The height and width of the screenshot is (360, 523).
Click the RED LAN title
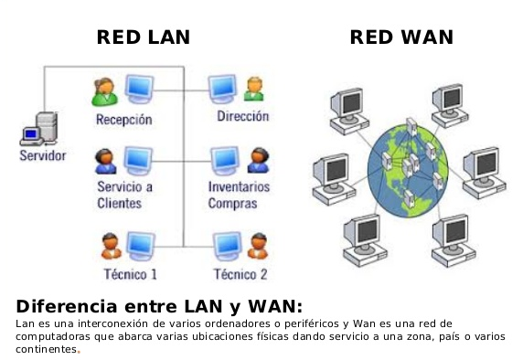[x=144, y=37]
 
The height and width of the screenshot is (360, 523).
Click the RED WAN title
[x=401, y=37]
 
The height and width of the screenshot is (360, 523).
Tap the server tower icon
[x=39, y=128]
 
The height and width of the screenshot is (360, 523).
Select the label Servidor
[x=42, y=155]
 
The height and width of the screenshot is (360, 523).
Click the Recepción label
[x=123, y=120]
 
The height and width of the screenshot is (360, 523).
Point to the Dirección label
[x=242, y=117]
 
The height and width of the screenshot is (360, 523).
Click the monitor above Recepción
[x=139, y=90]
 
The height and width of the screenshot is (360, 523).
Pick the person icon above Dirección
[x=255, y=89]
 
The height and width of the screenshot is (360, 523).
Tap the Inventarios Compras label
[x=240, y=195]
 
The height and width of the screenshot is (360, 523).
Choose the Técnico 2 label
[x=240, y=273]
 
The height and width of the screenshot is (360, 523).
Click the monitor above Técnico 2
[x=224, y=244]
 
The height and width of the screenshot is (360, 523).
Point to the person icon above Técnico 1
[x=110, y=245]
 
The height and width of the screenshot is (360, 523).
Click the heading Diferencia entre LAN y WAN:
[x=159, y=305]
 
